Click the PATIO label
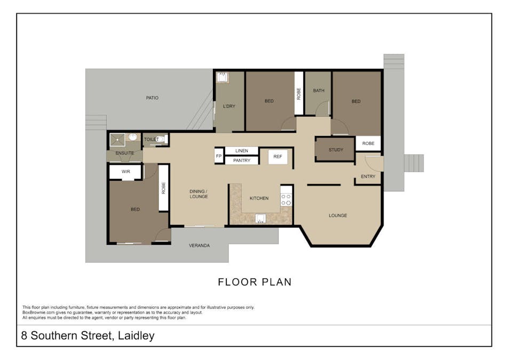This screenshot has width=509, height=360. click(x=152, y=98)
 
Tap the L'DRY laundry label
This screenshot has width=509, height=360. click(x=229, y=106)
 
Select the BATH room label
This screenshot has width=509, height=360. click(x=319, y=91)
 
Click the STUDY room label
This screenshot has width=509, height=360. click(x=336, y=150)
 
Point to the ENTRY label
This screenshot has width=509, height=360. click(x=368, y=177)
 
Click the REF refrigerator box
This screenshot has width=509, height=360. click(x=277, y=157)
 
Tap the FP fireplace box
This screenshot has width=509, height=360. click(x=218, y=156)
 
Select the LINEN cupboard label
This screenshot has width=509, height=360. click(x=241, y=151)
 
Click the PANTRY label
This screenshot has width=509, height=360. click(x=241, y=161)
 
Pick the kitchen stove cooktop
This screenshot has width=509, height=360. click(x=287, y=199)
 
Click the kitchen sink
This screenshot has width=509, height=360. click(x=261, y=219)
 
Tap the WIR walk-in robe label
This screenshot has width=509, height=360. click(x=126, y=172)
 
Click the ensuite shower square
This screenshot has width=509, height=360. click(x=117, y=140)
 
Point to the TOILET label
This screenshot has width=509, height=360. click(x=152, y=139)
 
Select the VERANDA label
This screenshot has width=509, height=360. click(x=199, y=246)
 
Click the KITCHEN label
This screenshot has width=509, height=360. click(x=259, y=198)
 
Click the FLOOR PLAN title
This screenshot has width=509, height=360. click(x=254, y=282)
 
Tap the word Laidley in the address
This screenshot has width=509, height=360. click(x=136, y=336)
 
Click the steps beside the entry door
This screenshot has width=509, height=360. click(x=413, y=163)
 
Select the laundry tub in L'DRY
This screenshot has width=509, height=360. click(x=222, y=78)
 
